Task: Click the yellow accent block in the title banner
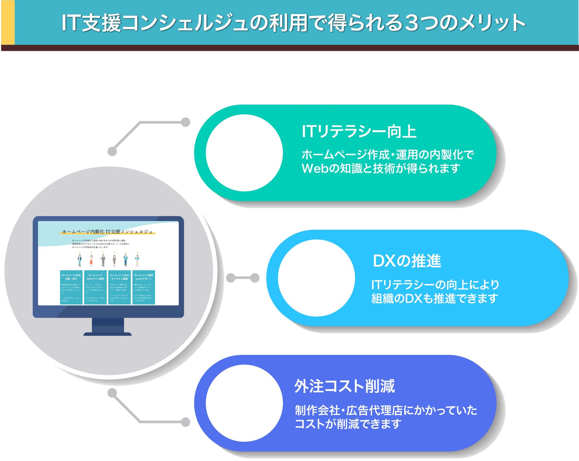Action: (x=8, y=23)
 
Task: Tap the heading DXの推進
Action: (x=407, y=261)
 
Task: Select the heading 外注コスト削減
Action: (x=345, y=387)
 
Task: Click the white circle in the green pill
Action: (x=244, y=153)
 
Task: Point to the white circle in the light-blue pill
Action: (x=316, y=278)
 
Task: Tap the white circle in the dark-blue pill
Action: (x=244, y=403)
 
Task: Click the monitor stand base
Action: (x=107, y=334)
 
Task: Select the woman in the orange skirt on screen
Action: (x=91, y=260)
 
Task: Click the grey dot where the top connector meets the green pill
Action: (x=185, y=122)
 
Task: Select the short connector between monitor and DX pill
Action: (x=243, y=278)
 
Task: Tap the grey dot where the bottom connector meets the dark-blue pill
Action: (x=185, y=422)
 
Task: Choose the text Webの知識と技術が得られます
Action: (x=381, y=168)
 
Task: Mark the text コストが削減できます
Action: (x=348, y=424)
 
